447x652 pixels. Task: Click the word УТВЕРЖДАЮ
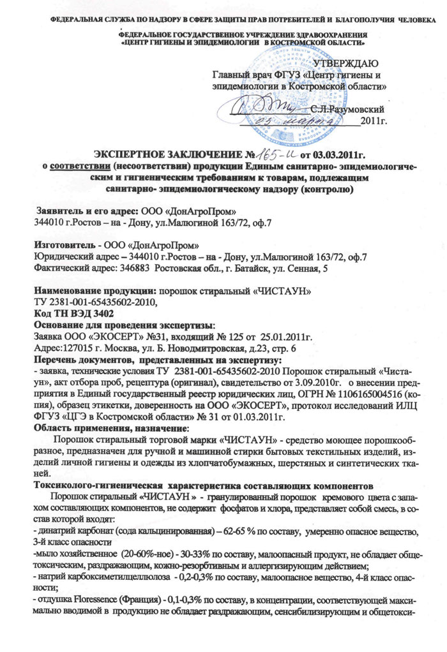coord(347,63)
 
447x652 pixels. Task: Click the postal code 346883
coord(139,269)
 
